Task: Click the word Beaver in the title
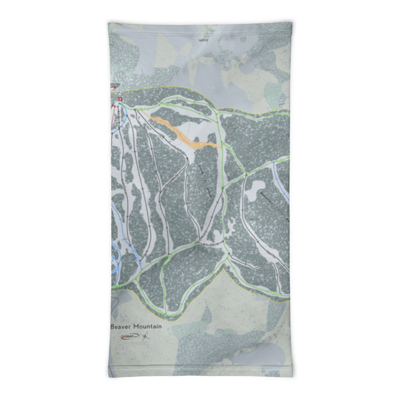tap(121, 326)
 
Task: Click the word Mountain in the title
tap(148, 326)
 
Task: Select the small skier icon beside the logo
tap(146, 337)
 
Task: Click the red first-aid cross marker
tap(120, 99)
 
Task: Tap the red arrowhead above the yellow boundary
tap(116, 88)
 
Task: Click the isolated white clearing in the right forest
tap(256, 188)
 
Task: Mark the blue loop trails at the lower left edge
tap(116, 262)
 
